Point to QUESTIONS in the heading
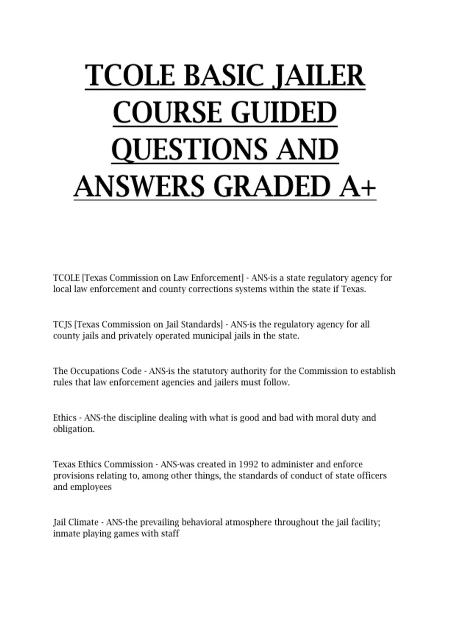(189, 150)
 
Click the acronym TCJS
(62, 324)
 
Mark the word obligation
(73, 429)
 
